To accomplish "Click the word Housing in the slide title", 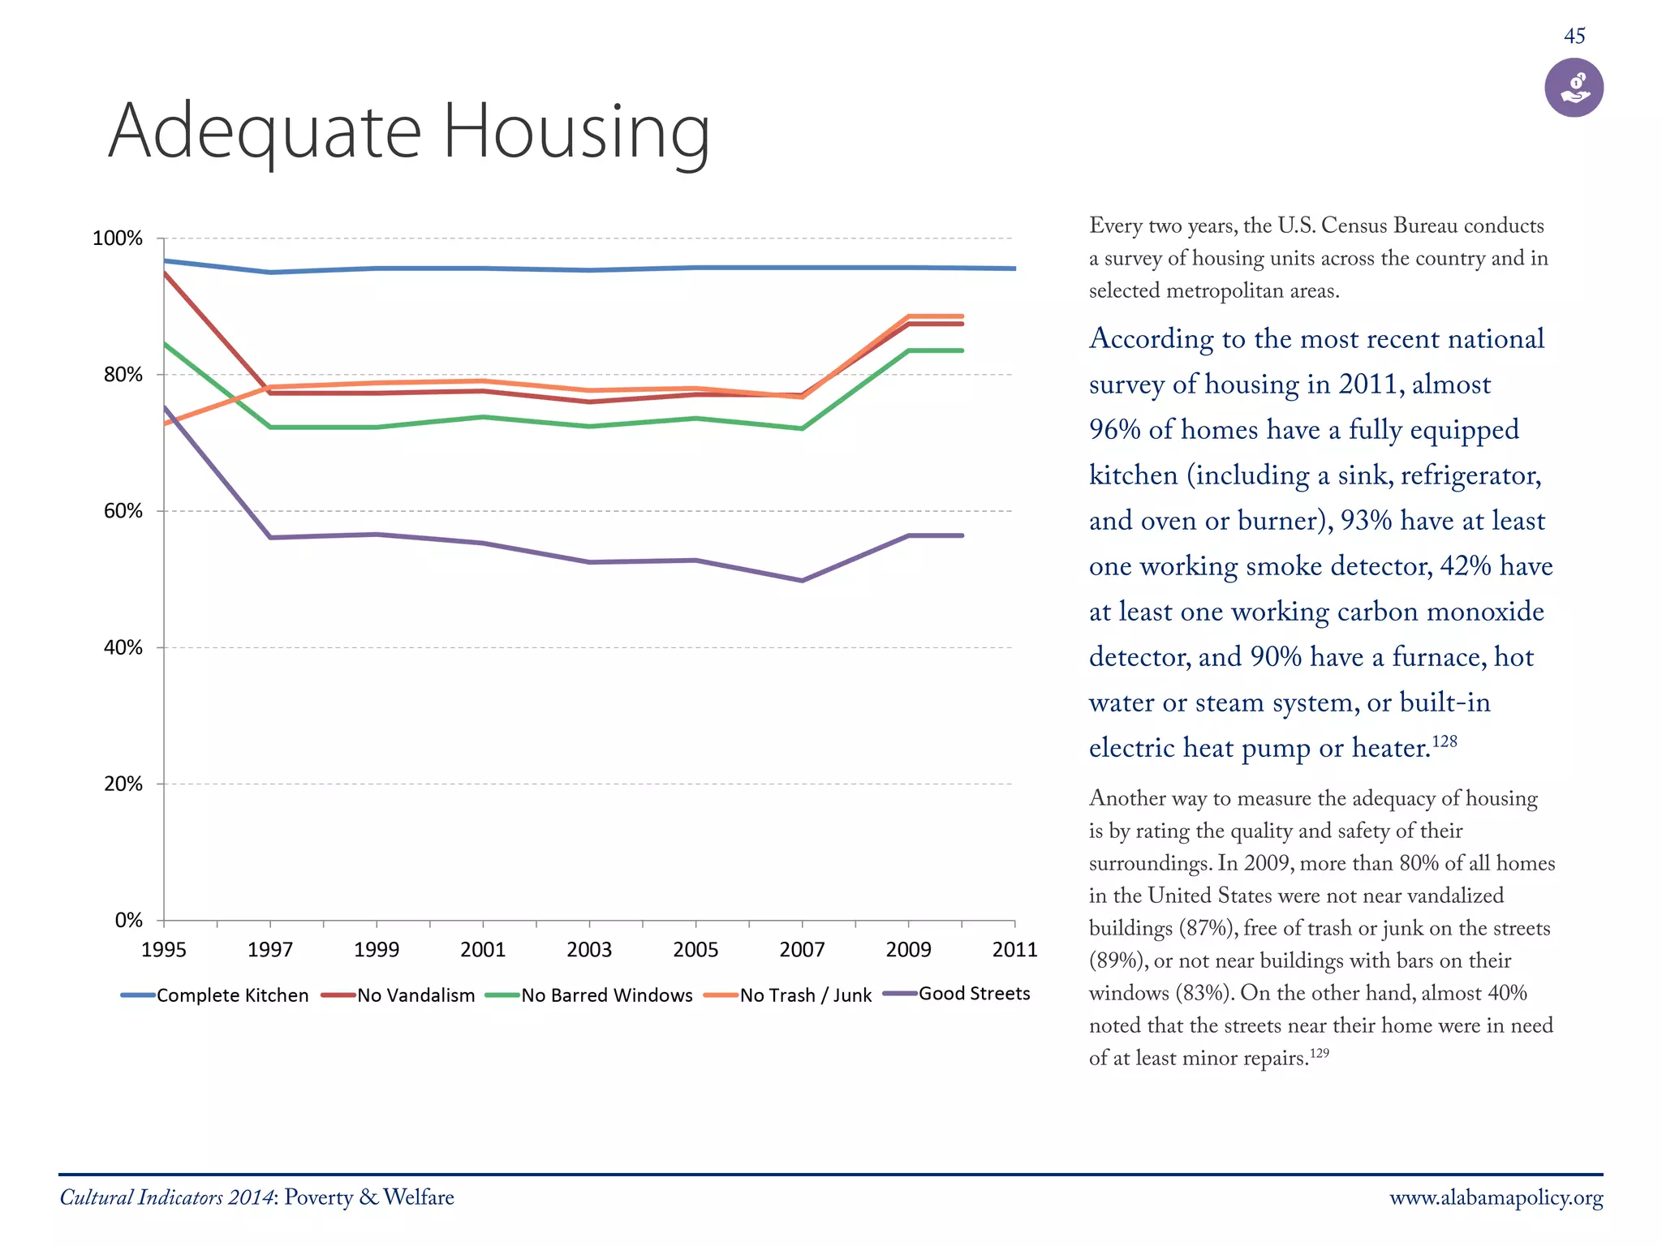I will click(576, 131).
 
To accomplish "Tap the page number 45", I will click(1574, 37).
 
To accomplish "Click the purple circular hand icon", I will click(1574, 88).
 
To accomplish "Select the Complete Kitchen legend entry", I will click(215, 995).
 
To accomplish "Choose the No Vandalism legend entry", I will click(398, 995).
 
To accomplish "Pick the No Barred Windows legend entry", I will click(589, 995).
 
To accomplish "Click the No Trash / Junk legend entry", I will click(788, 995).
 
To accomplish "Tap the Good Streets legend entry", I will click(957, 994).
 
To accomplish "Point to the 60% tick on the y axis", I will click(123, 511).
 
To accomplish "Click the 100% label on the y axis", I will click(118, 238).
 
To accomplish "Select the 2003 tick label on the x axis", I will click(589, 950).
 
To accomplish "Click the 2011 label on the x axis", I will click(1014, 950).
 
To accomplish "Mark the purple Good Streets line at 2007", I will click(802, 581).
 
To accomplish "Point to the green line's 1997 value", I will click(270, 427).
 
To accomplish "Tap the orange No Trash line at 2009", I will click(908, 316).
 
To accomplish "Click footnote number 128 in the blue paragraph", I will click(1445, 741).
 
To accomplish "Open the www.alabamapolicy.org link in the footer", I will click(1496, 1198).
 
